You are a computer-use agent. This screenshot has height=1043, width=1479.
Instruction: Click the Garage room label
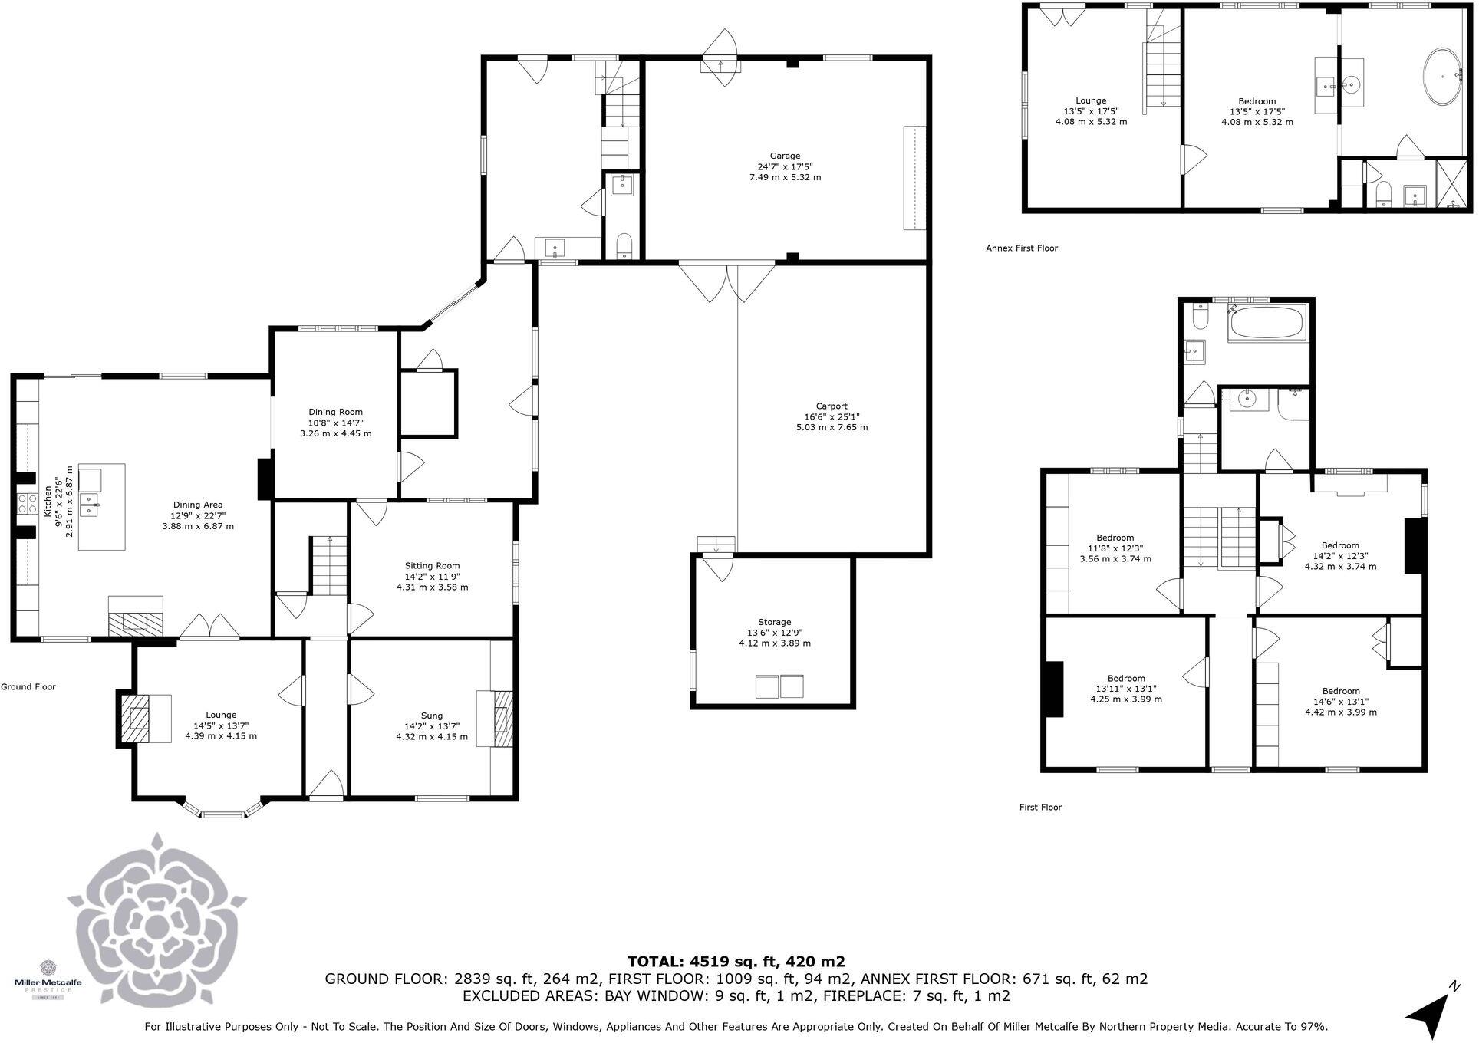pyautogui.click(x=785, y=166)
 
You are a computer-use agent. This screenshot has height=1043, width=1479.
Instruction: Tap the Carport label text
pyautogui.click(x=832, y=416)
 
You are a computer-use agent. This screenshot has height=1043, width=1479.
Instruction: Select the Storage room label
pyautogui.click(x=774, y=633)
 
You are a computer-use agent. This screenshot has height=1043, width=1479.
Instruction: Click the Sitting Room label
pyautogui.click(x=432, y=577)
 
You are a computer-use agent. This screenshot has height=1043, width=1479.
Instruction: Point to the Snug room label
pyautogui.click(x=432, y=726)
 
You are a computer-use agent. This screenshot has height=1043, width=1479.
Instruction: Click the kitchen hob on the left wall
pyautogui.click(x=28, y=504)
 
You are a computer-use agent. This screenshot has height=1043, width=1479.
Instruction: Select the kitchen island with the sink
pyautogui.click(x=101, y=506)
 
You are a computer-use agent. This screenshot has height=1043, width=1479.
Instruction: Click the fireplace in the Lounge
pyautogui.click(x=144, y=718)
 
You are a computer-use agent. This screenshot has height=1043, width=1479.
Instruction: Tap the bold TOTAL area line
pyautogui.click(x=736, y=962)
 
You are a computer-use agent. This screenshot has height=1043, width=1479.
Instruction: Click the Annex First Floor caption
pyautogui.click(x=1022, y=248)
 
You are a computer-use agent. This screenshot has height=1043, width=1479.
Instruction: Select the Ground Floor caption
pyautogui.click(x=28, y=687)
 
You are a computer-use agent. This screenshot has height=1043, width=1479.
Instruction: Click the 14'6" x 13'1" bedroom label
pyautogui.click(x=1341, y=702)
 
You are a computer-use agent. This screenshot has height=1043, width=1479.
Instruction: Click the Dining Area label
pyautogui.click(x=198, y=515)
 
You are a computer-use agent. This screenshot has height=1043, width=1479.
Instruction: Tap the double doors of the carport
pyautogui.click(x=727, y=282)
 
